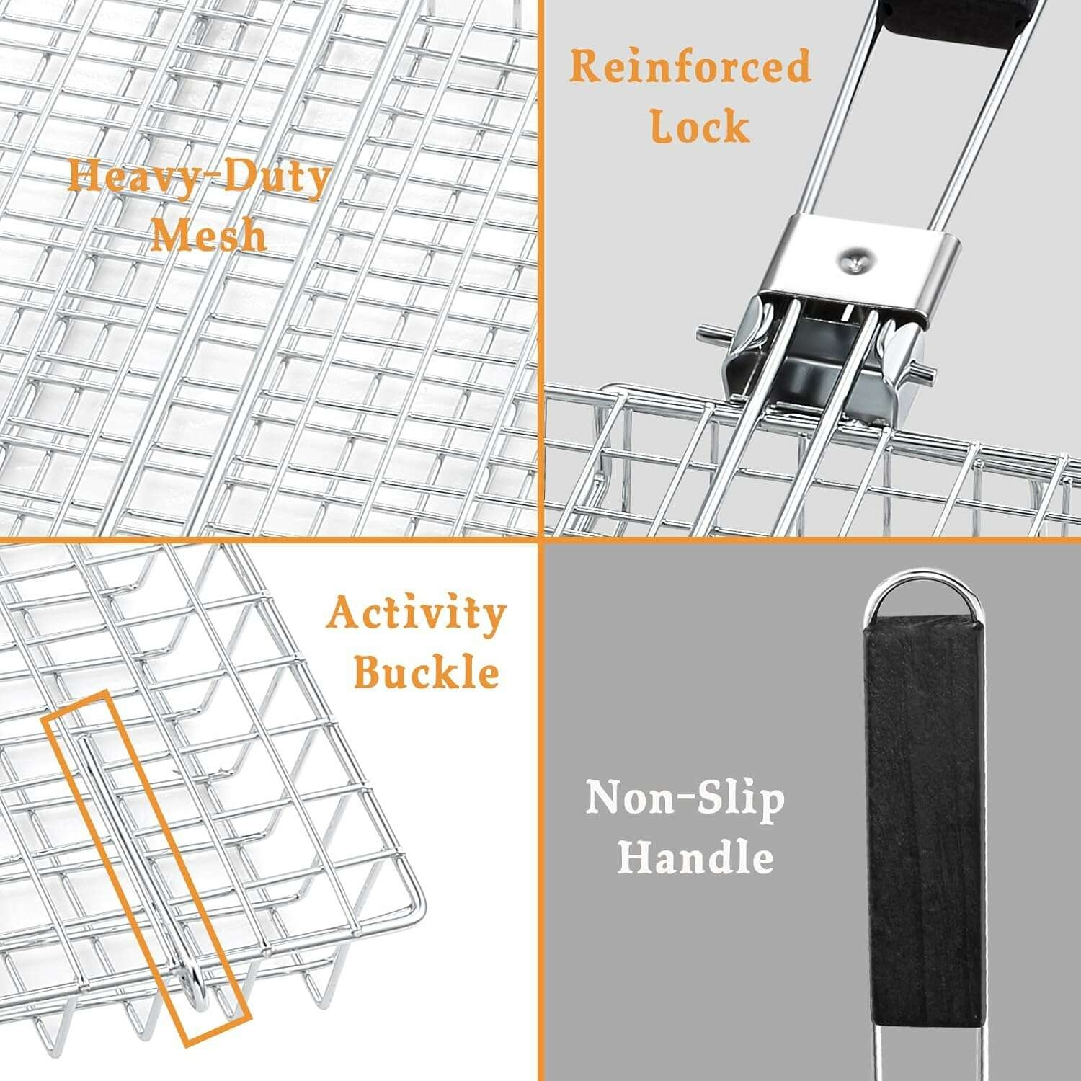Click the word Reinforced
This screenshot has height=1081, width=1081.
(x=690, y=67)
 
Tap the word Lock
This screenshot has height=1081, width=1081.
(x=700, y=126)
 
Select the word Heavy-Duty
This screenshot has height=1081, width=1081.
(x=199, y=178)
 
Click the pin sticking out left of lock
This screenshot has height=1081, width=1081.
(x=714, y=334)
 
